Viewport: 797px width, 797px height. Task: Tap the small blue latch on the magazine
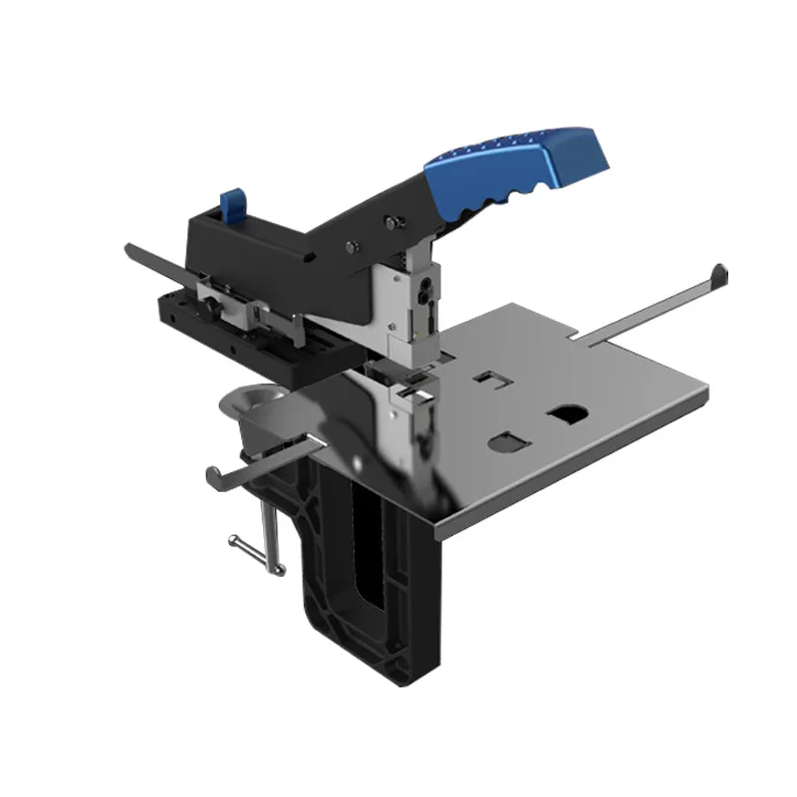(233, 204)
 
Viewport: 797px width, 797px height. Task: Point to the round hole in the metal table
(568, 410)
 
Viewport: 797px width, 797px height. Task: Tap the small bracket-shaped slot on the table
(487, 378)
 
